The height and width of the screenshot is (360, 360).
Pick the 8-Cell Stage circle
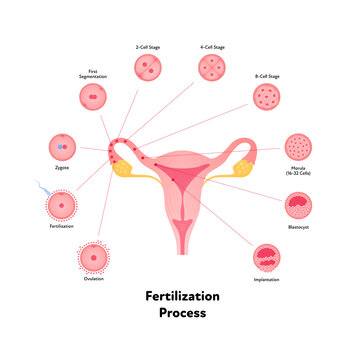coord(268,100)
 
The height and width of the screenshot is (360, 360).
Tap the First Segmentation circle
coord(93,100)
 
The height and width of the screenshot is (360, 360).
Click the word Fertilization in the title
coord(182,298)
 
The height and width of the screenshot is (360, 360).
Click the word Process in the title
coord(182,314)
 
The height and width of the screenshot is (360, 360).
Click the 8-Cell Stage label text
coord(268,75)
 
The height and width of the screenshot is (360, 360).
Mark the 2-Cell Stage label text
coord(149,46)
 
